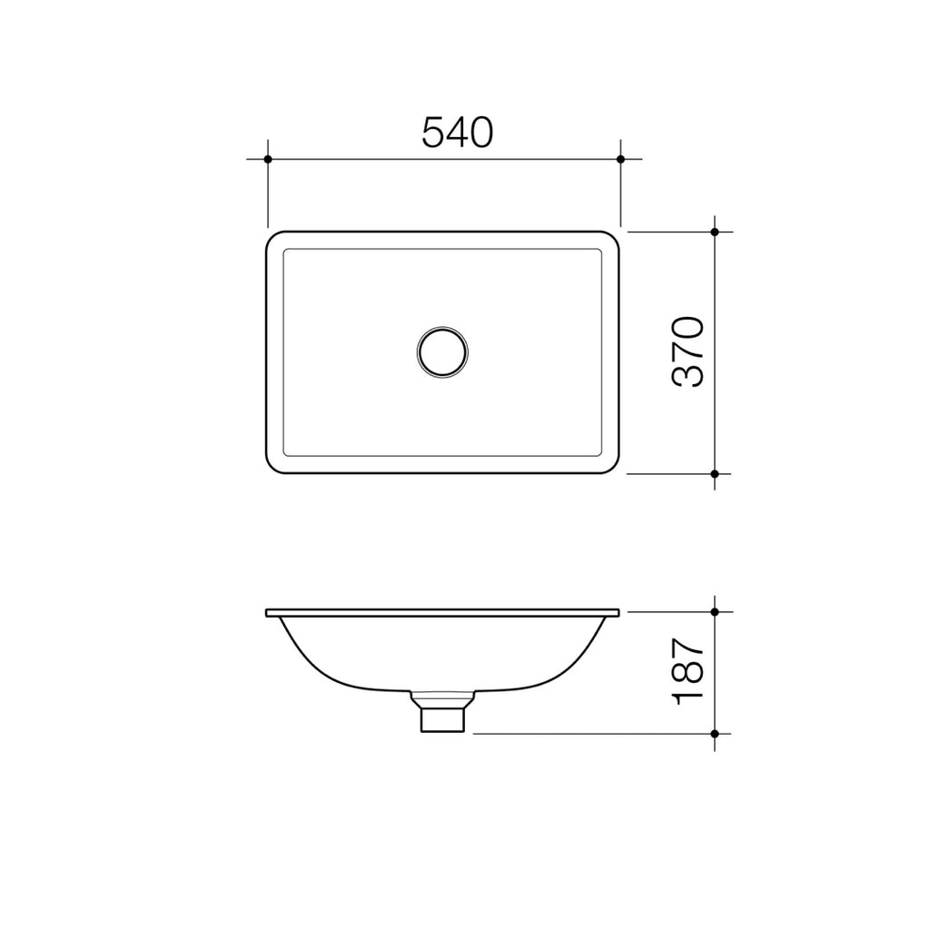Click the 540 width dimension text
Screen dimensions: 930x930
point(457,133)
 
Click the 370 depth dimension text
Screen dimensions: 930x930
point(688,352)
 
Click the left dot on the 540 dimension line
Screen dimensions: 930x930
point(268,159)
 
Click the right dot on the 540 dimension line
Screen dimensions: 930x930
point(620,159)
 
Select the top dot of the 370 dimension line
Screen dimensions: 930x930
point(715,232)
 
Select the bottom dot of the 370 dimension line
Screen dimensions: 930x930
point(715,473)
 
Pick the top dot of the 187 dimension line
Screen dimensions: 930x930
point(715,612)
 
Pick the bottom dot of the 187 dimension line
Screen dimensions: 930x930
point(715,733)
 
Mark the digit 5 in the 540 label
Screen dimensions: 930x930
point(433,133)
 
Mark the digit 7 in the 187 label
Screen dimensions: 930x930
point(688,648)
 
